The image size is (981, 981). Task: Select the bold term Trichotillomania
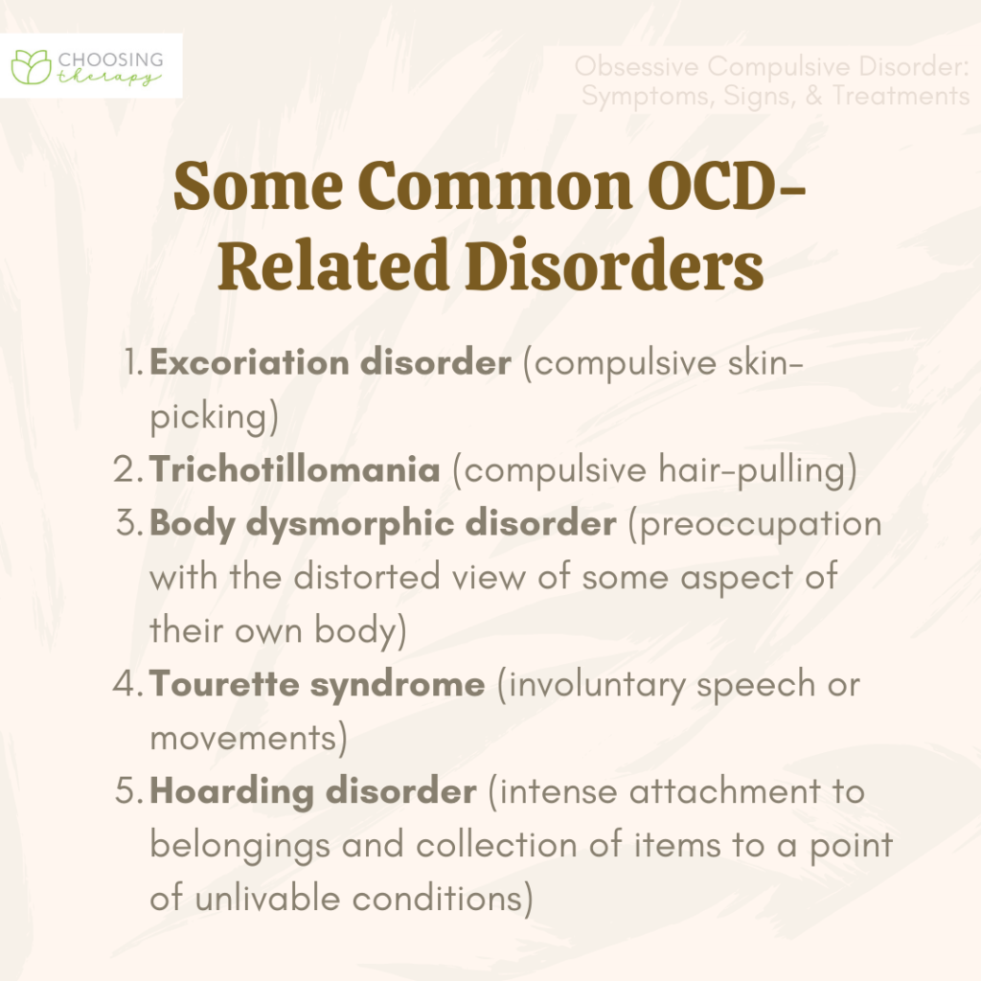pos(295,470)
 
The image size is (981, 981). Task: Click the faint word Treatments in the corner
pos(901,96)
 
